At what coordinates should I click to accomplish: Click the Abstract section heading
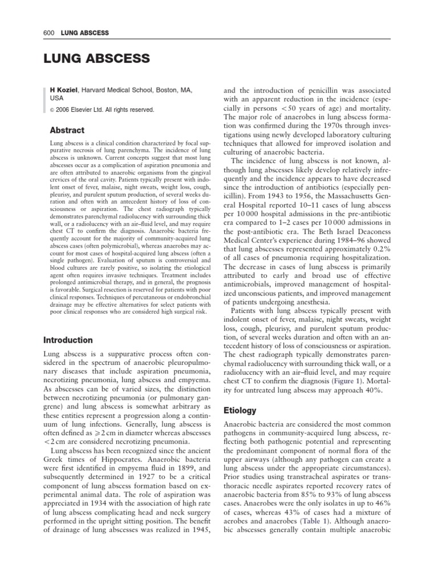pyautogui.click(x=67, y=130)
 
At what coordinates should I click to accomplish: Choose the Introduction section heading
pyautogui.click(x=68, y=340)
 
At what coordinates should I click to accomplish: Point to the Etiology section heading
pyautogui.click(x=240, y=410)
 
